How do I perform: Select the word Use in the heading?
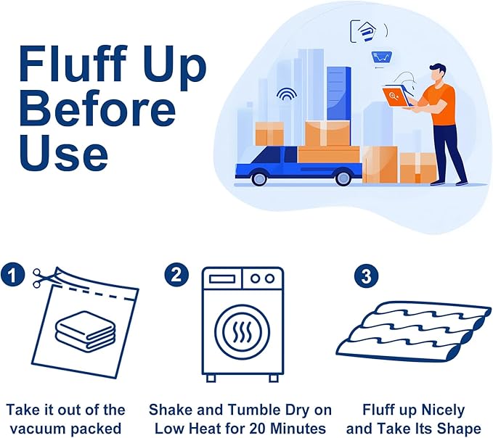64,153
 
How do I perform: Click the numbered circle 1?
12,276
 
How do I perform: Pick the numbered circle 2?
176,276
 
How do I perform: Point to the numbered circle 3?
366,276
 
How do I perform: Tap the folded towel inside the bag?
85,330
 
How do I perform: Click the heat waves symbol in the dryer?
242,332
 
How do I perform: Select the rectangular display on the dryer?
222,278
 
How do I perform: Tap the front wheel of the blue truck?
259,178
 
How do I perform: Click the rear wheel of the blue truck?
343,178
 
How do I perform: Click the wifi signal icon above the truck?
287,94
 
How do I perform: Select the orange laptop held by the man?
395,96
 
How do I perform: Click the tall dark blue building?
338,94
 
